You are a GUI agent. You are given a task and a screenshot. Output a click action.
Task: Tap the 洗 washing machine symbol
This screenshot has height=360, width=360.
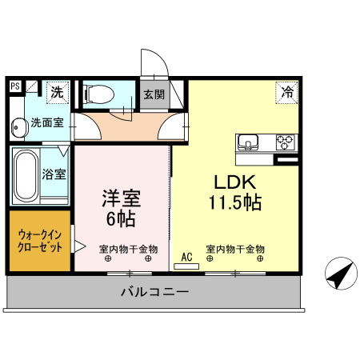(57, 93)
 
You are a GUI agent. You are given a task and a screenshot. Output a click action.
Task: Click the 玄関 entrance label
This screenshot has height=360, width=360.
(154, 94)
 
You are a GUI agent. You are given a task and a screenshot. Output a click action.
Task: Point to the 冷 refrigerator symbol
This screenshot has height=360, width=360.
(286, 92)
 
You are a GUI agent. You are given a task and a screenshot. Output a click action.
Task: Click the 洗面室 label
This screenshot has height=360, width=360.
(47, 123)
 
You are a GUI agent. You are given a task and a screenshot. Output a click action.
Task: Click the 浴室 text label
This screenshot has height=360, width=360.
(54, 173)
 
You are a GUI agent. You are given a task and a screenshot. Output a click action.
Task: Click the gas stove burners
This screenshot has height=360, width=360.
(286, 142)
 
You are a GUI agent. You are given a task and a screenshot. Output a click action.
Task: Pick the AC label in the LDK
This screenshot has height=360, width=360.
(187, 257)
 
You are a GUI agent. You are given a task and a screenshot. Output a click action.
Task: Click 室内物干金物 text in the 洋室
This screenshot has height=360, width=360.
(128, 249)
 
